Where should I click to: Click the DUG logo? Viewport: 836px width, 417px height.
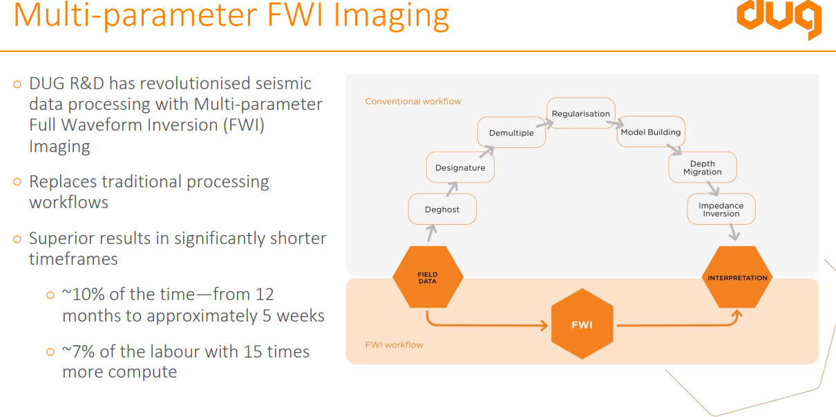(779, 19)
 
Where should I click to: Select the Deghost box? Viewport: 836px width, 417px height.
(442, 209)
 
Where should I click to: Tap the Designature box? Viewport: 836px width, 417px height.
(460, 167)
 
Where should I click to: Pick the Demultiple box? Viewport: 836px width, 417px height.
(511, 133)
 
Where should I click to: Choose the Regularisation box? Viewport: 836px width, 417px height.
(581, 113)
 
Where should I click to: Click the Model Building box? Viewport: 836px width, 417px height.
(650, 132)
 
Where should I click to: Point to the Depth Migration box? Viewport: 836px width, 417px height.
(703, 167)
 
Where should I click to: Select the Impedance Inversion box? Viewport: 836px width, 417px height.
(721, 210)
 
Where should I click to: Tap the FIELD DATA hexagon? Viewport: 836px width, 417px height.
(428, 278)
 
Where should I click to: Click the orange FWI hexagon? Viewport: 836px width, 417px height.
(582, 324)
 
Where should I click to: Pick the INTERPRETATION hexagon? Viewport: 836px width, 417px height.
(737, 278)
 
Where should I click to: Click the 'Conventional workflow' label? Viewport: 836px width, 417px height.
(413, 102)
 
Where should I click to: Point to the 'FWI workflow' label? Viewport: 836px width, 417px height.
(394, 344)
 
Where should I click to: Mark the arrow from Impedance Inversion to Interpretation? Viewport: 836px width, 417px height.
(733, 232)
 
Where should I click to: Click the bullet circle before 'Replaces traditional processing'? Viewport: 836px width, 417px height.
(17, 182)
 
